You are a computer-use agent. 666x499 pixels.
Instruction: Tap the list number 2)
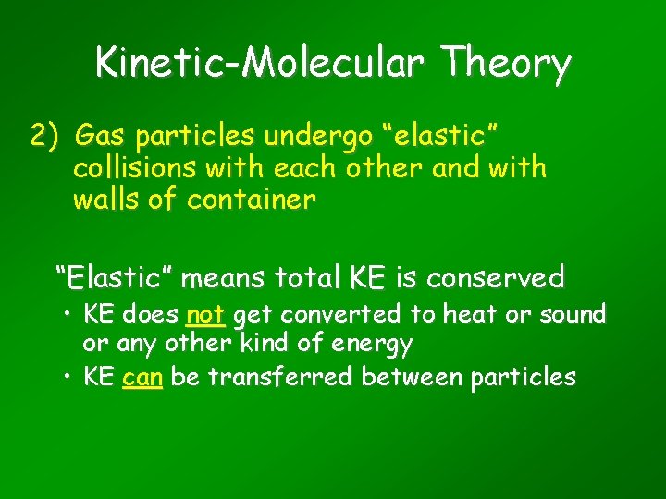pyautogui.click(x=45, y=137)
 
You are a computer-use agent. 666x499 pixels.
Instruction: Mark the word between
pyautogui.click(x=415, y=377)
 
